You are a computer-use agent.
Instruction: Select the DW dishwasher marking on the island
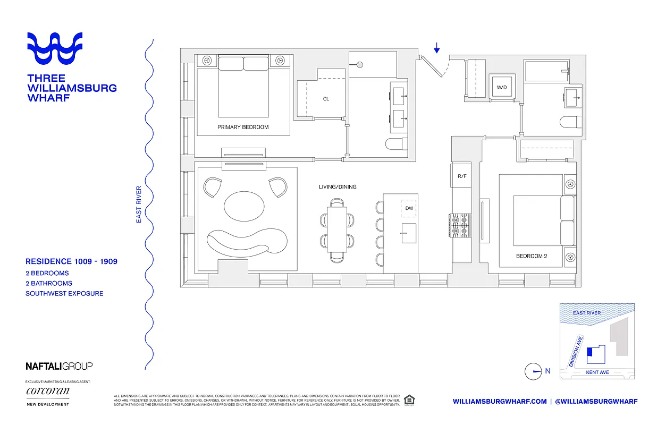click(409, 208)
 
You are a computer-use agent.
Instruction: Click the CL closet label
click(326, 99)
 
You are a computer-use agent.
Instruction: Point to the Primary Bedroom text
click(243, 127)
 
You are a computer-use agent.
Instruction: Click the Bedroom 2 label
click(532, 256)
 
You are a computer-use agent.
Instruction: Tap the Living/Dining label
click(338, 186)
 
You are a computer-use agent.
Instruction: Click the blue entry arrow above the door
click(436, 49)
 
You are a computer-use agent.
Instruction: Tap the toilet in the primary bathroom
click(396, 144)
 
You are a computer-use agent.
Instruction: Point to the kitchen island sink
click(408, 233)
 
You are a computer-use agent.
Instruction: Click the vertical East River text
click(139, 204)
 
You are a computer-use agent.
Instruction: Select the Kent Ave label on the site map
click(597, 372)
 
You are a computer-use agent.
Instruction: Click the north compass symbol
click(533, 371)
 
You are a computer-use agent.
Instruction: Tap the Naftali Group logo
click(59, 365)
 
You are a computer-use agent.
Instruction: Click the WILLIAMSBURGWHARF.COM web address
click(500, 402)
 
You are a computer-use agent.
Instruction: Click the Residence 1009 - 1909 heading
click(71, 261)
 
